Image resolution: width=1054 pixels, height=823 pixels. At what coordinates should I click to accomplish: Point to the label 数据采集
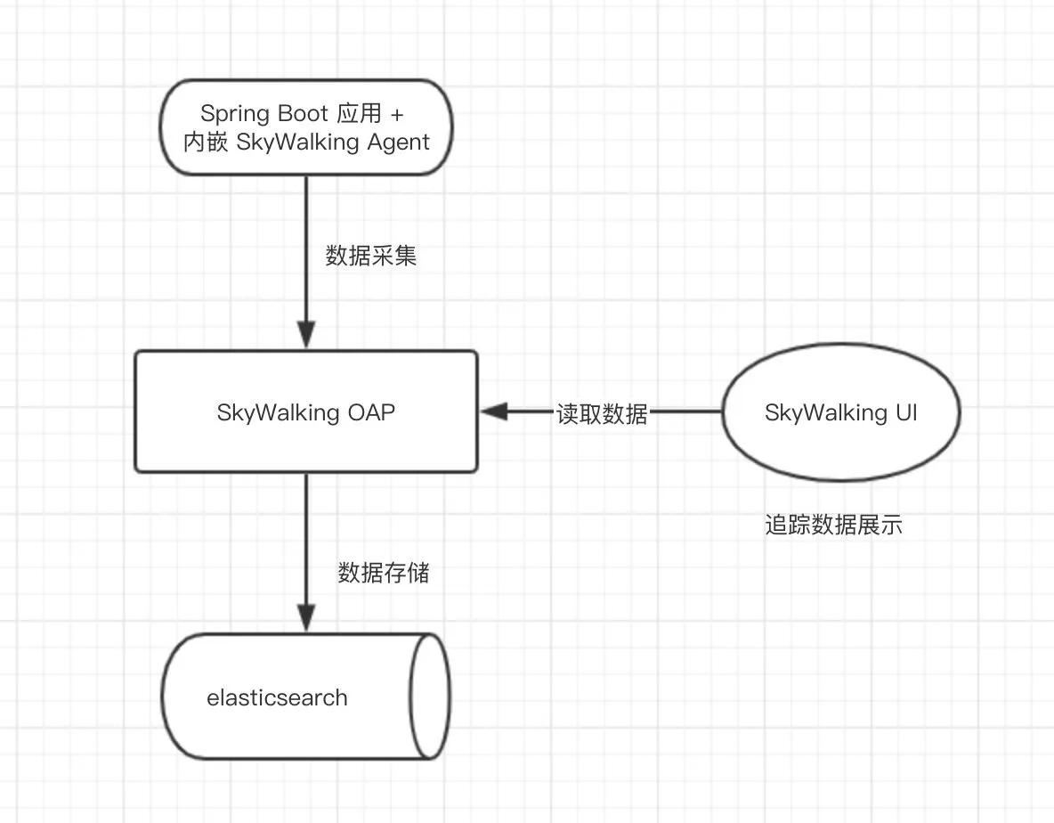371,257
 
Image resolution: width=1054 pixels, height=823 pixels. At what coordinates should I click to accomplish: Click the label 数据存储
384,573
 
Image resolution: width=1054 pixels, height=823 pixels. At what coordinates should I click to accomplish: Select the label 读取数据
602,413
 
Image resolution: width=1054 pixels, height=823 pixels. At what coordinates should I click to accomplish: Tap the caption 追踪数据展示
833,526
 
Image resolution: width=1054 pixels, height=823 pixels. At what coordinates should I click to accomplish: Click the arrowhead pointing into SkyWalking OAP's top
306,337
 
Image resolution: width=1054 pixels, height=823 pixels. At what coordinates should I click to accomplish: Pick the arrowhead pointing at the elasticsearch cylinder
306,618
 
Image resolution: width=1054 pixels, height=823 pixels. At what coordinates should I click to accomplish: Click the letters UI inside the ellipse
904,413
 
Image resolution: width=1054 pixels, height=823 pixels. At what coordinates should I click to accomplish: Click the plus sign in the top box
397,114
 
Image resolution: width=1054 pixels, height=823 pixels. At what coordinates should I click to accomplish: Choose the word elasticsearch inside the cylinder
277,697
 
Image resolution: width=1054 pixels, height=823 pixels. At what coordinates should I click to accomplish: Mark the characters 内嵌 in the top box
206,142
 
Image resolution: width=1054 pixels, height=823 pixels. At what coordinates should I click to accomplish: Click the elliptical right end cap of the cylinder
430,697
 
